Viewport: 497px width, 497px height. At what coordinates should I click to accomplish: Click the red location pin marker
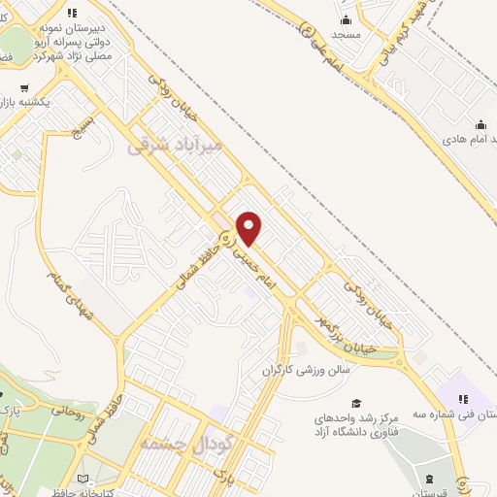click(249, 228)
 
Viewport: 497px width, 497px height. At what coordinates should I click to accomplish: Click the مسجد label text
click(346, 33)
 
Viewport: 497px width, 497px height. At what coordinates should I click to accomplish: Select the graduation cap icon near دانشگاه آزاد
click(356, 403)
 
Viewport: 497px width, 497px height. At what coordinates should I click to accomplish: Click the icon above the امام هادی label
click(480, 124)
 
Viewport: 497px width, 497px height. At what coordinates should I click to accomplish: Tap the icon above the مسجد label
click(346, 18)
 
